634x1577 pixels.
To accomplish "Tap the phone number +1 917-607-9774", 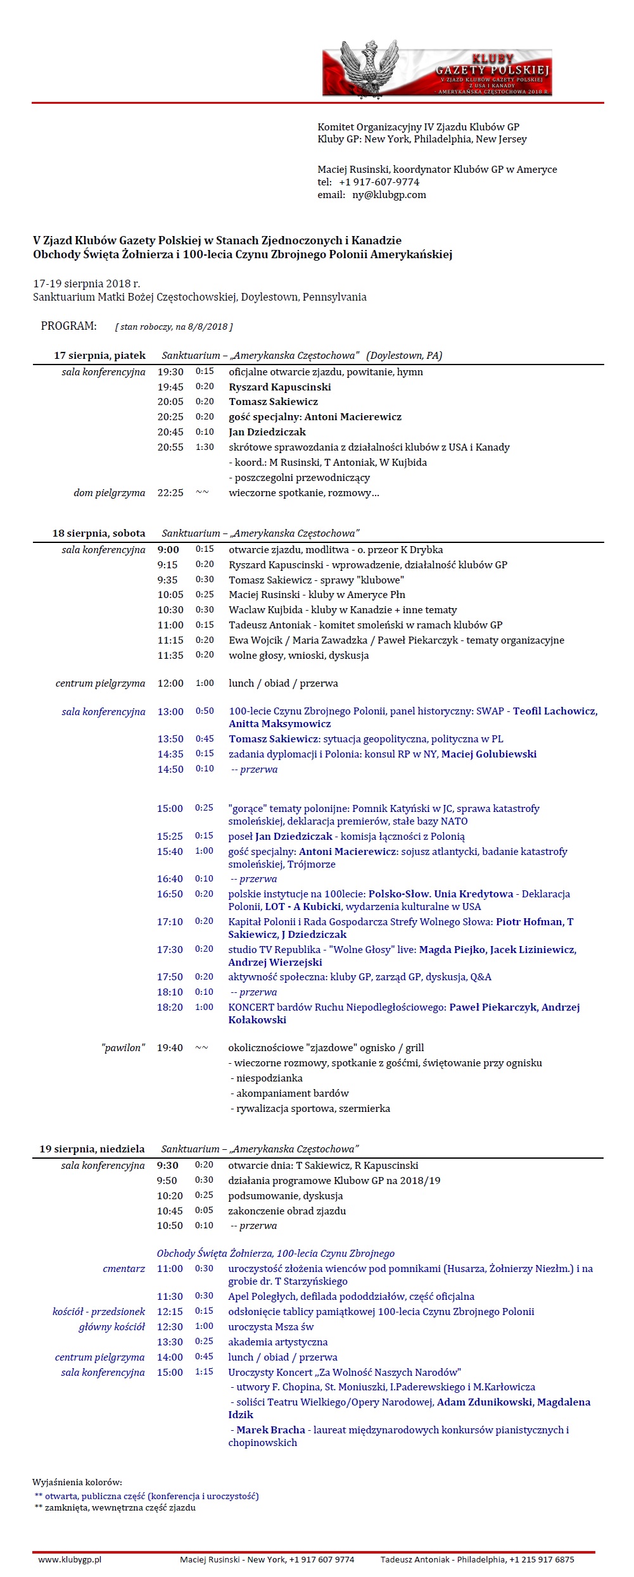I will pyautogui.click(x=379, y=182).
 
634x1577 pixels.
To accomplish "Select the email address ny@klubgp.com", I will pyautogui.click(x=389, y=195).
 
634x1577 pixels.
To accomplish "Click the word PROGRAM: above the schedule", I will pyautogui.click(x=69, y=326).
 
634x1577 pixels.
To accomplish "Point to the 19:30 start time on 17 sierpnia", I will pyautogui.click(x=170, y=372).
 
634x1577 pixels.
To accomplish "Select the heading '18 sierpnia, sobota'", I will pyautogui.click(x=99, y=533).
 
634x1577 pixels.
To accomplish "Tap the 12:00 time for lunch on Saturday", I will pyautogui.click(x=170, y=683).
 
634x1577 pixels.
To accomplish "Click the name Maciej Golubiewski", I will pyautogui.click(x=488, y=754).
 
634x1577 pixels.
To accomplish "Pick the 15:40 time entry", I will pyautogui.click(x=170, y=852).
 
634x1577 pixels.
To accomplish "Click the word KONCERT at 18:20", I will pyautogui.click(x=251, y=1007).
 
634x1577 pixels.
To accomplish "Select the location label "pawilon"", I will pyautogui.click(x=123, y=1048).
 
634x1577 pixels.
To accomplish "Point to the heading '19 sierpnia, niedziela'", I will pyautogui.click(x=92, y=1149).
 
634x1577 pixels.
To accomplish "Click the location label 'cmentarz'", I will pyautogui.click(x=124, y=1269).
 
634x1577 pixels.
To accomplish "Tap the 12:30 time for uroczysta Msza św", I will pyautogui.click(x=170, y=1327).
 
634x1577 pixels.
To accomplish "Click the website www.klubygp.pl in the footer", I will pyautogui.click(x=70, y=1559).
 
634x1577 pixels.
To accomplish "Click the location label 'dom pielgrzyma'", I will pyautogui.click(x=109, y=493).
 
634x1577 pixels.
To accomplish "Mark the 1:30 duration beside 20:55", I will pyautogui.click(x=205, y=447).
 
